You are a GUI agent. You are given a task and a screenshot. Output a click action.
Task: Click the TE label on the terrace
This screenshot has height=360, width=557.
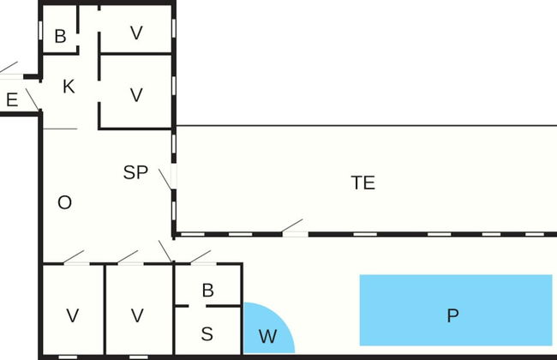pyautogui.click(x=363, y=183)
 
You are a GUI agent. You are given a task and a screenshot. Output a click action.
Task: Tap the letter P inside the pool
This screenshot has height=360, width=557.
pyautogui.click(x=452, y=315)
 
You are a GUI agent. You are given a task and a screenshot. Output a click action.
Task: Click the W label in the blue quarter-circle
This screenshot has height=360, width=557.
pyautogui.click(x=267, y=337)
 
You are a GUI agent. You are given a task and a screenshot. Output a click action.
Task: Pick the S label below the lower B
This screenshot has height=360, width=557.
pyautogui.click(x=207, y=334)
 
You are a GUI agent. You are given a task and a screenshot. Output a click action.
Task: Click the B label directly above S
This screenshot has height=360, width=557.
pyautogui.click(x=207, y=291)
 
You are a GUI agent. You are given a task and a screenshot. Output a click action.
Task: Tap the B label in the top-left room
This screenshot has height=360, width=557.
pyautogui.click(x=60, y=36)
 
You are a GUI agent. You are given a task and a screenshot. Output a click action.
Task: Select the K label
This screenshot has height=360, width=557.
pyautogui.click(x=69, y=87)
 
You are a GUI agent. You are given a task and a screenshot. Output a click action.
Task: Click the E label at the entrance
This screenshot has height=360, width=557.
pyautogui.click(x=12, y=100)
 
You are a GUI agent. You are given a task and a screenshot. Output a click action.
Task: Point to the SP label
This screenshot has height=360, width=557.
pyautogui.click(x=135, y=172)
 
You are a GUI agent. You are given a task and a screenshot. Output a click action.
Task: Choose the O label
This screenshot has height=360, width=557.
pyautogui.click(x=64, y=202)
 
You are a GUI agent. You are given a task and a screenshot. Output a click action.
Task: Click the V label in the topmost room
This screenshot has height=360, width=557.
pyautogui.click(x=136, y=33)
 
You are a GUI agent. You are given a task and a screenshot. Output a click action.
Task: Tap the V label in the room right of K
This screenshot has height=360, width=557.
pyautogui.click(x=136, y=94)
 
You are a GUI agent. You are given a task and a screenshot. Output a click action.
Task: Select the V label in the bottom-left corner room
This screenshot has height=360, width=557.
pyautogui.click(x=73, y=315)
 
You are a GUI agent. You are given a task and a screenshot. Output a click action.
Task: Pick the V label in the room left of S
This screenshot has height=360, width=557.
pyautogui.click(x=138, y=315)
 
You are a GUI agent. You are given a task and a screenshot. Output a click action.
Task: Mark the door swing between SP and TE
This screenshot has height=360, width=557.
pyautogui.click(x=166, y=178)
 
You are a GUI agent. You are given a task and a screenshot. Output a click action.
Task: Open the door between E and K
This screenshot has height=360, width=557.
pyautogui.click(x=32, y=99)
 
